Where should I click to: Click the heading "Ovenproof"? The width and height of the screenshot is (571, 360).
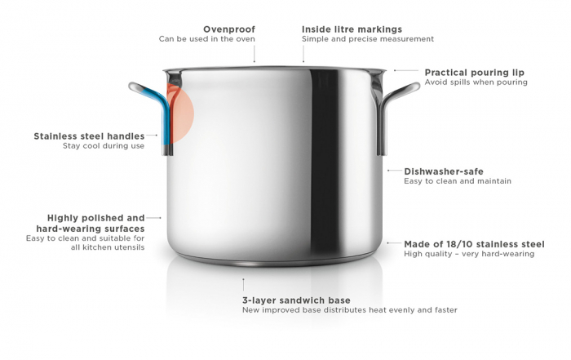click(229, 29)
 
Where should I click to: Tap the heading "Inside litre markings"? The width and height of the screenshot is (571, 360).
click(352, 29)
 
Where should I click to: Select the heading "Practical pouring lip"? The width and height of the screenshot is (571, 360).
click(475, 73)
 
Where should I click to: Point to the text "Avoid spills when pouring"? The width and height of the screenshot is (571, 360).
click(476, 82)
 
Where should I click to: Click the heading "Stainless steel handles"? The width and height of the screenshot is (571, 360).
click(89, 136)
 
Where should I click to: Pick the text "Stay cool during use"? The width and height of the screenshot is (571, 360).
click(104, 146)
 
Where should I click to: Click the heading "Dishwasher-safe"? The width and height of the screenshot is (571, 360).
click(444, 171)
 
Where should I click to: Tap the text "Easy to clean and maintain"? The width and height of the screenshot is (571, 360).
click(458, 181)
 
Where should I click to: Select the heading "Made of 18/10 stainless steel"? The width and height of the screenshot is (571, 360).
click(474, 244)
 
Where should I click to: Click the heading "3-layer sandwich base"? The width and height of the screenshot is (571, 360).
click(296, 300)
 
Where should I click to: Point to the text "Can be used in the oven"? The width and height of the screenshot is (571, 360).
click(207, 39)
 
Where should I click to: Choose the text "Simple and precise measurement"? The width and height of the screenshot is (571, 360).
click(368, 39)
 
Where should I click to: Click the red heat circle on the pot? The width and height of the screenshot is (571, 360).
click(181, 113)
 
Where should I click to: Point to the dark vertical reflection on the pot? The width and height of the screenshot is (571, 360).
click(325, 164)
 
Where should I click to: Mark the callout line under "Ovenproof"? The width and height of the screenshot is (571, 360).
click(255, 54)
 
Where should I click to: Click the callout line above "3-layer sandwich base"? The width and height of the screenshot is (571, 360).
click(243, 285)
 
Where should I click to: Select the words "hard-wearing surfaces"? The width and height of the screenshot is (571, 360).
click(91, 229)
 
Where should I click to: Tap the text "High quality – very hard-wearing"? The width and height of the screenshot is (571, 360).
click(469, 254)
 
